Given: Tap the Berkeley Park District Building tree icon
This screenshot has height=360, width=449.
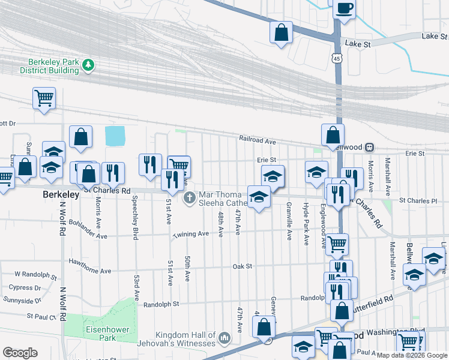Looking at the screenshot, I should pyautogui.click(x=88, y=64).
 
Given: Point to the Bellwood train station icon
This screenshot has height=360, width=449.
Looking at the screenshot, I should pyautogui.click(x=370, y=146).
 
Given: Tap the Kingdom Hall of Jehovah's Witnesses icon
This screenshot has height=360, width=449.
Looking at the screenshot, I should pyautogui.click(x=224, y=339).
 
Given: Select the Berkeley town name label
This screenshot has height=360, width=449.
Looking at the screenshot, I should pyautogui.click(x=61, y=195).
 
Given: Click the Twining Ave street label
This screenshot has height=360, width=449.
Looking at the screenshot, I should pyautogui.click(x=191, y=234).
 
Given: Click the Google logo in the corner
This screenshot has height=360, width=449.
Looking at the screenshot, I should pyautogui.click(x=20, y=353).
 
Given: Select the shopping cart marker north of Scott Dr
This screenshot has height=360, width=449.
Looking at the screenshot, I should pyautogui.click(x=44, y=98).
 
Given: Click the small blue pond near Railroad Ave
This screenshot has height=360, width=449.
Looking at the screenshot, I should pyautogui.click(x=115, y=136).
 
